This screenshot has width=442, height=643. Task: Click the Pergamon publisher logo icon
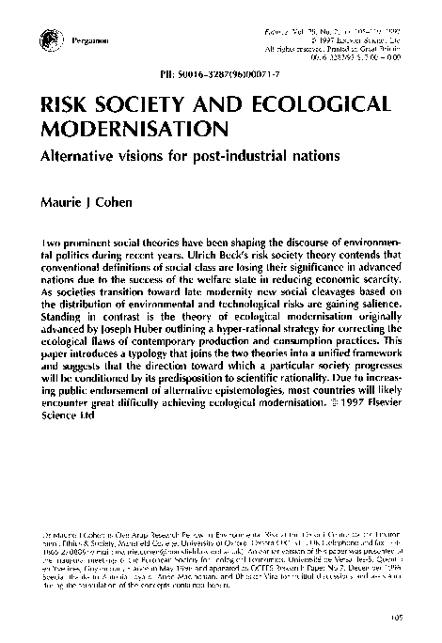tap(48, 39)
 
